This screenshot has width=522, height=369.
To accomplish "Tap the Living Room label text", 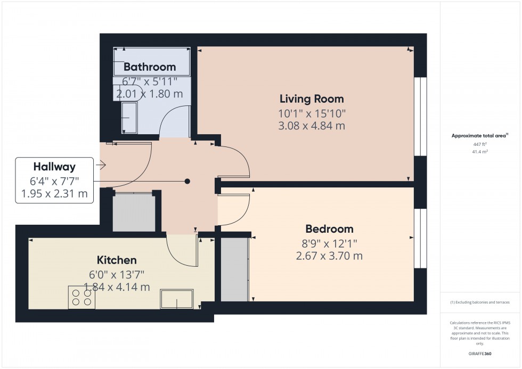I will coord(312,99).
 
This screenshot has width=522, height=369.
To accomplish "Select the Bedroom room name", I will coord(329,229).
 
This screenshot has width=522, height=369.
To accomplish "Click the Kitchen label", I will coord(117,260).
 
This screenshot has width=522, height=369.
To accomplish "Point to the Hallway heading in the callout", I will coord(54,167).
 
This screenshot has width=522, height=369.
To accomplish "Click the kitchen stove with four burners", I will coord(81,297).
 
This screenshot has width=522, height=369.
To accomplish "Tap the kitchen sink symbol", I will coord(177,299).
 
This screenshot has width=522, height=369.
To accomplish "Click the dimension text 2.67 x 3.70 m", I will coord(329,256).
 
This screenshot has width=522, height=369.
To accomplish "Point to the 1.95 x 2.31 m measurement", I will coord(54,193).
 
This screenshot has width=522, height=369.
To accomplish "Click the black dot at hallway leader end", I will coord(187,181).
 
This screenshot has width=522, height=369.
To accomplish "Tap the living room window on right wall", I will coord(421,117).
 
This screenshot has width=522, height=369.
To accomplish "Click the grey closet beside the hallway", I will coord(134,212).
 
